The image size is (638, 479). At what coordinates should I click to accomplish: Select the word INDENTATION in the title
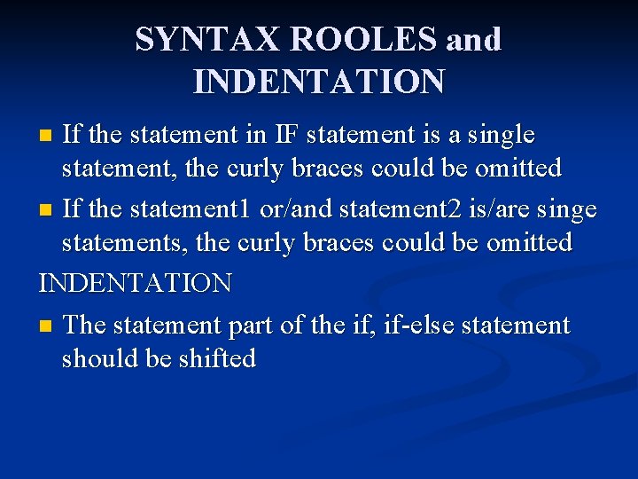(x=319, y=82)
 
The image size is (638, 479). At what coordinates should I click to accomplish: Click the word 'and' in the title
(x=474, y=39)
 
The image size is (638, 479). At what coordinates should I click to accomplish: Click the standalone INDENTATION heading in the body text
(x=136, y=284)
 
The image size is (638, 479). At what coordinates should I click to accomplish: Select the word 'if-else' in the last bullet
(x=408, y=325)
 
